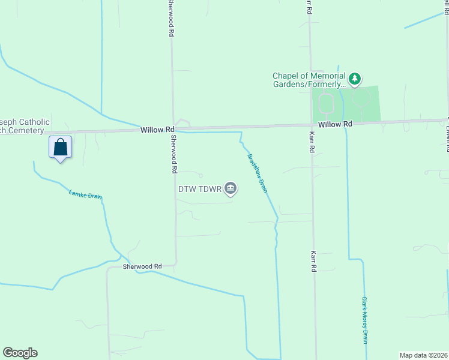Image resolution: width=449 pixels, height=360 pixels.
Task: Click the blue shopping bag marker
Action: click(x=61, y=147)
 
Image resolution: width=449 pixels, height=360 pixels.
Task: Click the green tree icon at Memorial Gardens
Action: click(x=355, y=78)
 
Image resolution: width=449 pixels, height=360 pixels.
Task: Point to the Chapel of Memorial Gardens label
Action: click(x=309, y=80)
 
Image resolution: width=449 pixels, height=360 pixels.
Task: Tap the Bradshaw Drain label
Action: click(x=257, y=174)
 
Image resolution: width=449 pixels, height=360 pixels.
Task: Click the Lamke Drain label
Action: click(x=85, y=195)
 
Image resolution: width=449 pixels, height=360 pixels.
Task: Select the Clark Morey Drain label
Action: click(x=364, y=319)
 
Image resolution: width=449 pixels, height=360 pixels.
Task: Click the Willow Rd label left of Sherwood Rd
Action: click(x=157, y=130)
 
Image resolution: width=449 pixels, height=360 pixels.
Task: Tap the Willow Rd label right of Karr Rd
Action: click(x=335, y=124)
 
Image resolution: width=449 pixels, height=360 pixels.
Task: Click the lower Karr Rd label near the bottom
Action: click(x=313, y=262)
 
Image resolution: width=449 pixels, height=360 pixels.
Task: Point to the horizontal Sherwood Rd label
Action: click(x=142, y=266)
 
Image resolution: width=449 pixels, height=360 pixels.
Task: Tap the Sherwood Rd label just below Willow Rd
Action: click(x=173, y=155)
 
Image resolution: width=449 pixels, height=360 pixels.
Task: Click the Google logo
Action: click(x=20, y=353)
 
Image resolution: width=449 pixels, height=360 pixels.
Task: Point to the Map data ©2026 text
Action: click(x=423, y=355)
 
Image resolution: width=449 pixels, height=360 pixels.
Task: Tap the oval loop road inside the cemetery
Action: click(x=326, y=103)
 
